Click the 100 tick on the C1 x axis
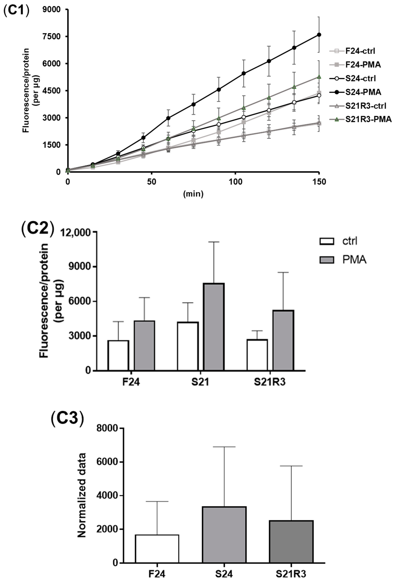click(235, 182)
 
